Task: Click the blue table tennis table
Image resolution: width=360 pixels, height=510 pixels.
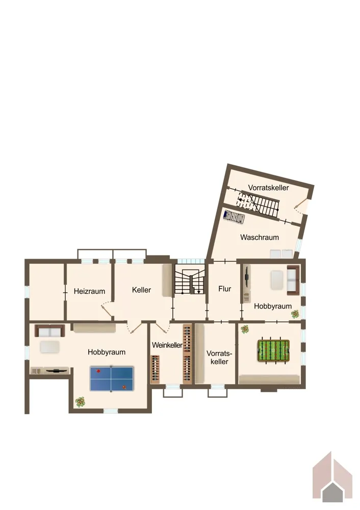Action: (x=112, y=379)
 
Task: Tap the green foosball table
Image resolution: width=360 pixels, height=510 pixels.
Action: (x=273, y=351)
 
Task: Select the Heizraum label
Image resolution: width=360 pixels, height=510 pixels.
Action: (x=89, y=291)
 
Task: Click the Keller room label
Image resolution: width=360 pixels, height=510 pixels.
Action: (x=141, y=290)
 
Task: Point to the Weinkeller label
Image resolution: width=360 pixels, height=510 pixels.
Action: (x=167, y=345)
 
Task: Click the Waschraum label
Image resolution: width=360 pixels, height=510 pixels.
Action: (x=260, y=237)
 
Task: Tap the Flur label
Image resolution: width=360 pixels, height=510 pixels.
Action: (x=225, y=289)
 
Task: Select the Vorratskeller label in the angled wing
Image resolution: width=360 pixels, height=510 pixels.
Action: (x=268, y=188)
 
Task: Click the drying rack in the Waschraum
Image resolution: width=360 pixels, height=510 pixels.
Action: (x=234, y=217)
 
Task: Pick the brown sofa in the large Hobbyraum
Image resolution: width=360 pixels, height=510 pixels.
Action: (x=50, y=331)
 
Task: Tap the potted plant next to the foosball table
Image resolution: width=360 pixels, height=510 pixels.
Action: (x=245, y=329)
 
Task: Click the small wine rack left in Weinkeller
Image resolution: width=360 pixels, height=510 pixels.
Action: (x=155, y=369)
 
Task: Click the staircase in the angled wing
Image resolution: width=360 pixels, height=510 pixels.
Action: (x=259, y=205)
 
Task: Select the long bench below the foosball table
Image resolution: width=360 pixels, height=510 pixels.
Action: (x=269, y=379)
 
